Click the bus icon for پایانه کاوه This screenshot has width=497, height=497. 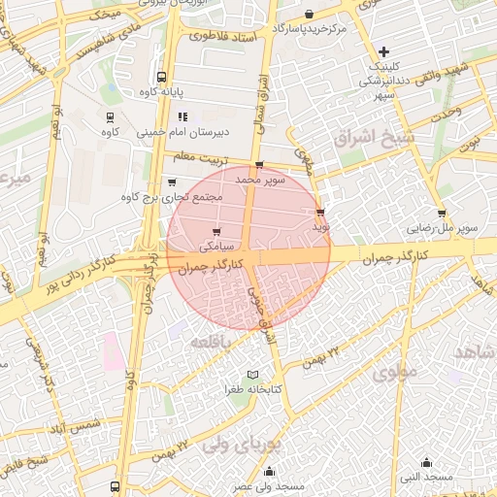(160, 78)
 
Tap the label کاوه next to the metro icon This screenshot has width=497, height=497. (111, 131)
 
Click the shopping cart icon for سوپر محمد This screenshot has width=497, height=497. (258, 166)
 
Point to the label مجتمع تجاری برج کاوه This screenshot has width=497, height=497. (171, 197)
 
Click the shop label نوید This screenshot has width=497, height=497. (320, 226)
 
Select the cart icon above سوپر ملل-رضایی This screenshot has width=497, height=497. (442, 214)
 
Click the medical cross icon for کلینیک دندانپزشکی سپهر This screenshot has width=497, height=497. (383, 50)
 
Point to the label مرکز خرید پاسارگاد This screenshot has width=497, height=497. (310, 29)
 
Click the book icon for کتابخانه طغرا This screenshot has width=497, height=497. (253, 375)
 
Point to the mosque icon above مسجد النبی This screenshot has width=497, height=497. (426, 461)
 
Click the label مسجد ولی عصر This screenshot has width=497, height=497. (268, 484)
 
